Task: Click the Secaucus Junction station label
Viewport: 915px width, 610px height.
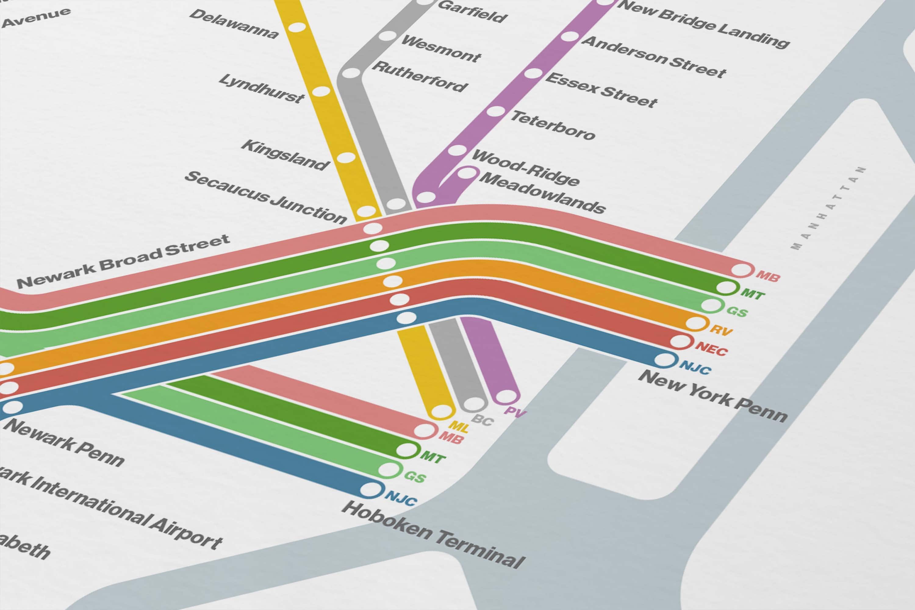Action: coord(266,197)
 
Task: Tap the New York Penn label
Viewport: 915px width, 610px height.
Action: coord(713,396)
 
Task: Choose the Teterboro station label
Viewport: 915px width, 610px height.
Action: coord(553,125)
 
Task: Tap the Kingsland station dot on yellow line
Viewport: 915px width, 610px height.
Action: coord(346,158)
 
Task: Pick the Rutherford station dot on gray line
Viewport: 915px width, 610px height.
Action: coord(351,73)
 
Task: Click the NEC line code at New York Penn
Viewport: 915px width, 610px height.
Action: coord(711,348)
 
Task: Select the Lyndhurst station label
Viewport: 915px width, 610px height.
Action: coord(261,89)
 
